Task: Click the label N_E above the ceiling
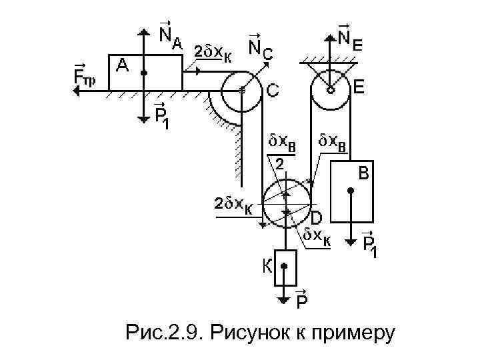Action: [x=350, y=37]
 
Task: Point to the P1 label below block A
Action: [x=162, y=117]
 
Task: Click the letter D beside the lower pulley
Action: [x=317, y=217]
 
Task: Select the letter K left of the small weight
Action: [x=265, y=267]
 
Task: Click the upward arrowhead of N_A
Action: [x=145, y=31]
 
